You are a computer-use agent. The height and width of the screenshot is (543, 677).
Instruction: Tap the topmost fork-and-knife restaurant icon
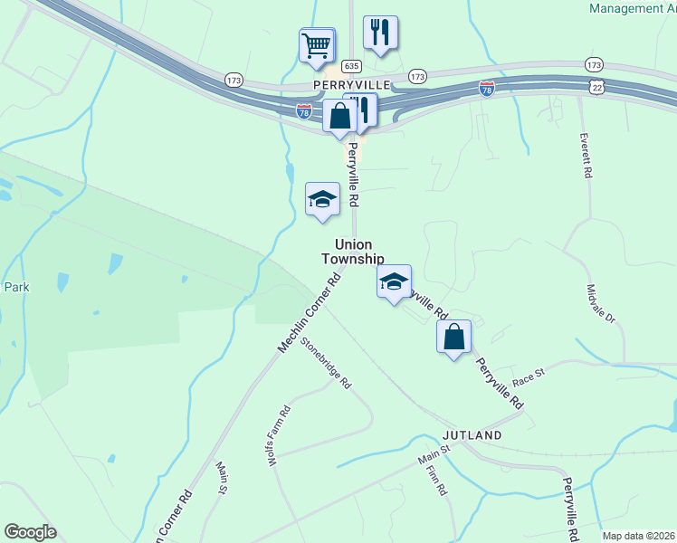pos(380,33)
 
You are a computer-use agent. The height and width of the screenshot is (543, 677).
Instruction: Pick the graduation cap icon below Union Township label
pos(394,281)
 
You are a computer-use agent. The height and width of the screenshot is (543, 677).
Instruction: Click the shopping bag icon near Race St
pos(454,337)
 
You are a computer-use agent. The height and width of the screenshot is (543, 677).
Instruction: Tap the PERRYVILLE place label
pos(351,83)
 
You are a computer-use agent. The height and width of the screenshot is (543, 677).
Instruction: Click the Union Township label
pos(353,252)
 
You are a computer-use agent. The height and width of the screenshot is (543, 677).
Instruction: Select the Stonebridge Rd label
pos(326,363)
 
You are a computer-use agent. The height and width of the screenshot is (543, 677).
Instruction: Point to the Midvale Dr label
pos(600,306)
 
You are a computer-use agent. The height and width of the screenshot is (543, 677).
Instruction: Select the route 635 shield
pos(352,67)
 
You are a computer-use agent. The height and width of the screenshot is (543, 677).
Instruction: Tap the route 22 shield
pos(595,86)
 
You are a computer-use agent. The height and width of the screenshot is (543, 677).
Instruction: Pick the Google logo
pos(30,532)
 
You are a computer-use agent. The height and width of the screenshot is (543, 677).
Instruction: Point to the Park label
pos(16,287)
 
